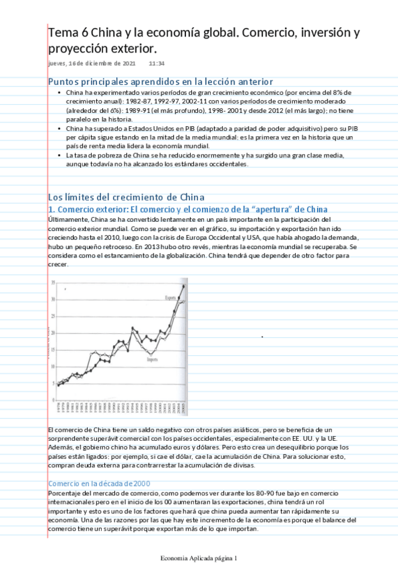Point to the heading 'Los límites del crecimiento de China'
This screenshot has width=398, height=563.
126,197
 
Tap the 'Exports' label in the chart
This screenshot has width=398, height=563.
171,297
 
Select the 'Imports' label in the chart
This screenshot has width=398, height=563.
151,359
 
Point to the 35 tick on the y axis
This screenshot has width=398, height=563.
52,283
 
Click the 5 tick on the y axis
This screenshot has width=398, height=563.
53,382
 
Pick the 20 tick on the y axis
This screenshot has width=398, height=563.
52,333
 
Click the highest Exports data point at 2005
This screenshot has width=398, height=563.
184,286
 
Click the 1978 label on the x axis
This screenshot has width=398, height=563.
58,406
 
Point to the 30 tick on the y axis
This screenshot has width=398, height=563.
52,299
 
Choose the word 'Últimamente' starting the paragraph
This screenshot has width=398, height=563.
68,219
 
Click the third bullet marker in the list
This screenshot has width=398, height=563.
60,155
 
